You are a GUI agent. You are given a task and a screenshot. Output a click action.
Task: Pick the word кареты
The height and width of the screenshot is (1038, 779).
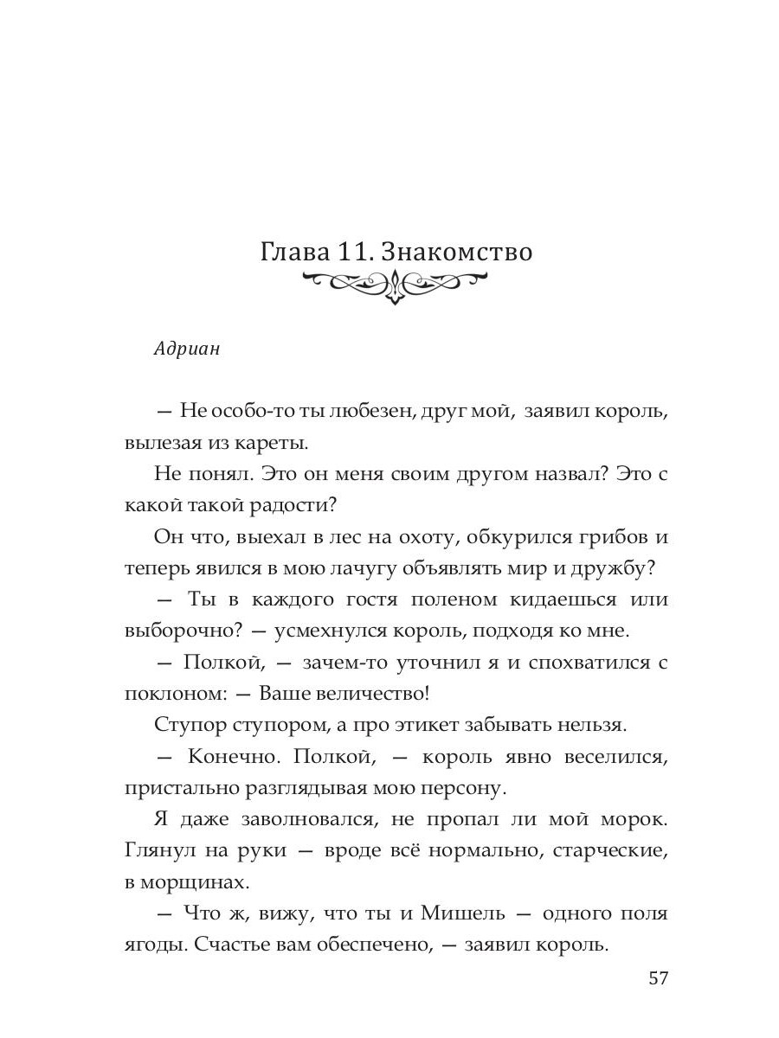pos(274,444)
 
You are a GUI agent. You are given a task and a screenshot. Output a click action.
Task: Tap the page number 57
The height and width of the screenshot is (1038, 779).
pos(658,978)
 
